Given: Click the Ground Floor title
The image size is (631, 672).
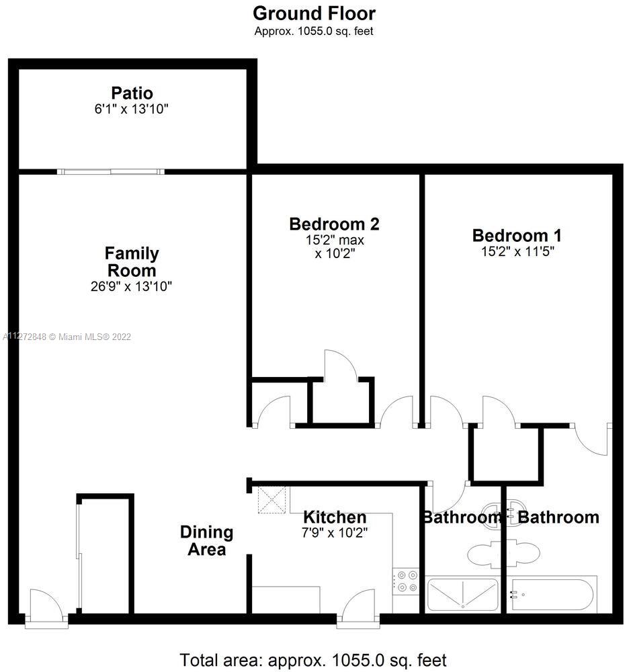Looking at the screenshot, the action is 314,13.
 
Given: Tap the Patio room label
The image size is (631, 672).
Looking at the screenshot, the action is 132,93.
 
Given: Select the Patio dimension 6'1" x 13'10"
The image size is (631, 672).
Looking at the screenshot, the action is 131,109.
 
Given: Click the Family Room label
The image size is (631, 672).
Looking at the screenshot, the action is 132,262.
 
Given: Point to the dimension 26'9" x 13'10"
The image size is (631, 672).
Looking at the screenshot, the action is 131,286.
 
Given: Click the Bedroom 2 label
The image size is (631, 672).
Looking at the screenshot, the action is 335,224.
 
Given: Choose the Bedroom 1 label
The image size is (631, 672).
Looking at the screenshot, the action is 517,235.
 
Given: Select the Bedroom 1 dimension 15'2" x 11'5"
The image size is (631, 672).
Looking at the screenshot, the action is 517,251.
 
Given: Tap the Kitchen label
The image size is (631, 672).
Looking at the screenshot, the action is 335,517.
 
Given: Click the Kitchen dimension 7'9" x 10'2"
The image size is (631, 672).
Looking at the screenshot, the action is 335,533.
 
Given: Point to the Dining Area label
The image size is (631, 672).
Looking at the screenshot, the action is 206,540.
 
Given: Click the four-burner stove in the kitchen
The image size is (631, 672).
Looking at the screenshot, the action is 405,581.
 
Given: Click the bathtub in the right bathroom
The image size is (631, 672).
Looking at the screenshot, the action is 552,594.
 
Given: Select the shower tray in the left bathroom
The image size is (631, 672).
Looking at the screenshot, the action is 463,594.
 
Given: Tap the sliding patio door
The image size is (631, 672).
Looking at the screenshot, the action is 111,171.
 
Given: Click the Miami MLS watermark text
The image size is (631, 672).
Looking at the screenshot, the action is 67,337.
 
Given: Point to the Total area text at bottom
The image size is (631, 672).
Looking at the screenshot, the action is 313,661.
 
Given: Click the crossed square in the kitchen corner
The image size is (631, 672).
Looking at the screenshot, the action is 271,500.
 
